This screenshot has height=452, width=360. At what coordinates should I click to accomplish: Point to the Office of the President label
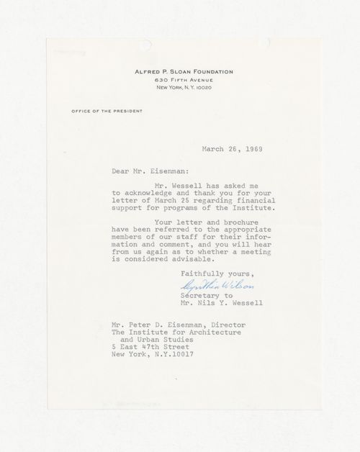click(106, 111)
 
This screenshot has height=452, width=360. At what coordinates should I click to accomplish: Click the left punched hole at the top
click(146, 45)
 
